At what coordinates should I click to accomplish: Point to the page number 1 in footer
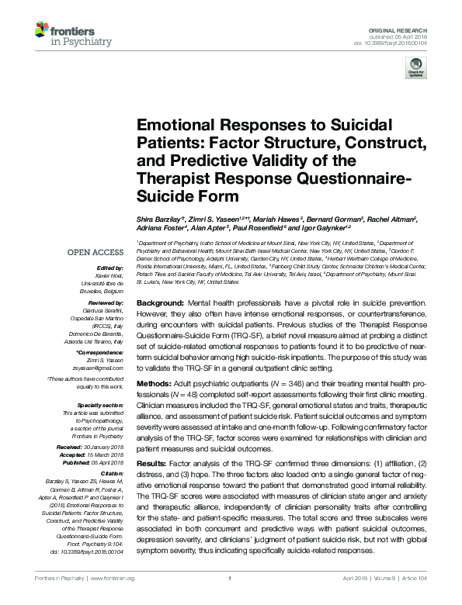pos(231,579)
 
